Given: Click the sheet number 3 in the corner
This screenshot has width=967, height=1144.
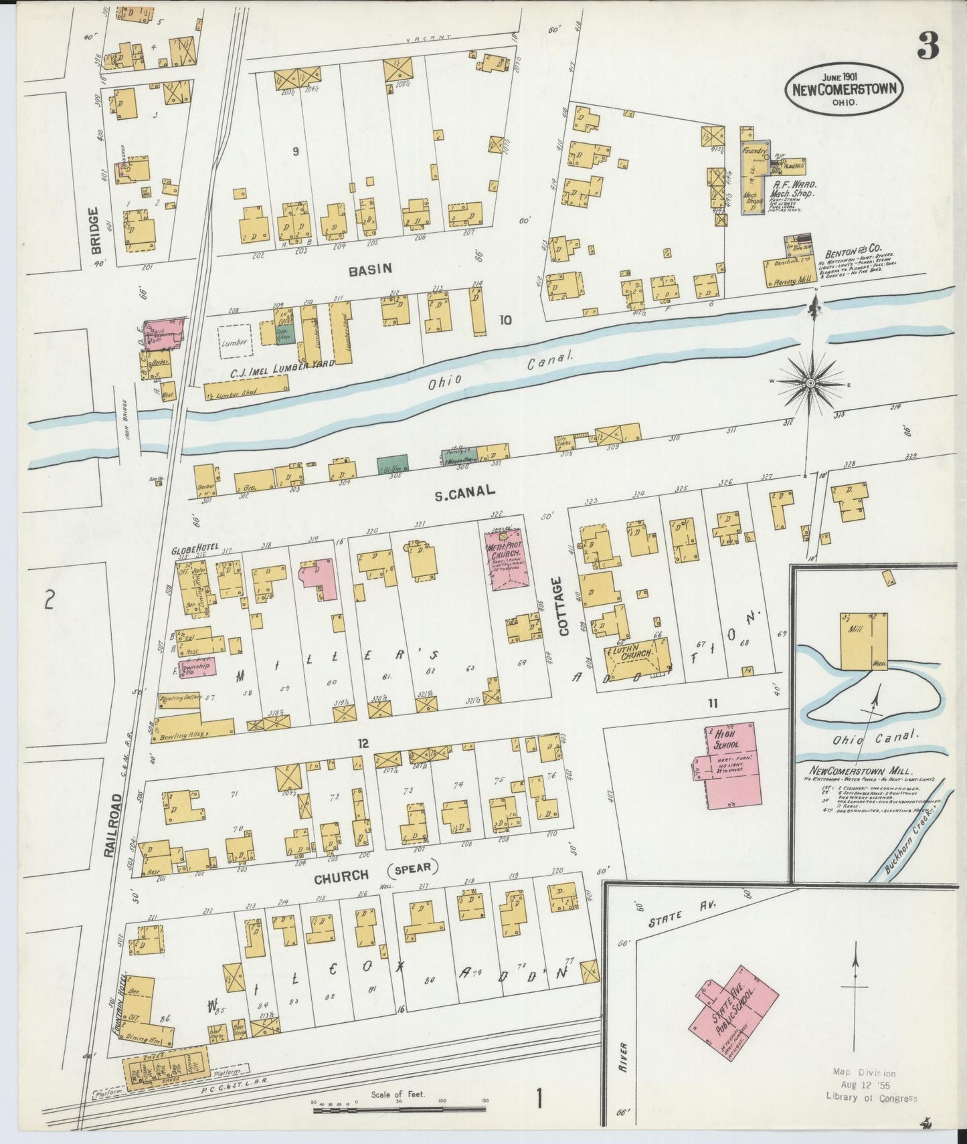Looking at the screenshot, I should pyautogui.click(x=928, y=46).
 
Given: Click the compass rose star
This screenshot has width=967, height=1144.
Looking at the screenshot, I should pyautogui.click(x=810, y=383).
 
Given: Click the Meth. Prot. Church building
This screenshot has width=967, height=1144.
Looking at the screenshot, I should pyautogui.click(x=509, y=561).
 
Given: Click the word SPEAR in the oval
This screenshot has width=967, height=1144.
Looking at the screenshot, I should pyautogui.click(x=412, y=869).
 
